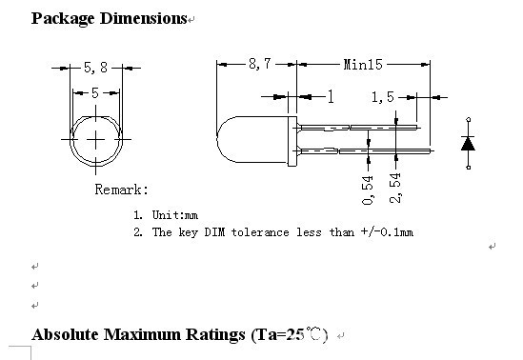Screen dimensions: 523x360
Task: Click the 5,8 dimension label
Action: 95,68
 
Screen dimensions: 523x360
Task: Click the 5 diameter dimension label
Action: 95,93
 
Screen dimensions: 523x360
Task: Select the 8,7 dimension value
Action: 260,64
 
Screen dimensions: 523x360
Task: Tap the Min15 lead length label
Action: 363,65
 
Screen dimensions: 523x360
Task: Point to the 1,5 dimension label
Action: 383,97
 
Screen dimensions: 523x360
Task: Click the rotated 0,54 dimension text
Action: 368,190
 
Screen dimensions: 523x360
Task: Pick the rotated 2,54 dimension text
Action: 395,189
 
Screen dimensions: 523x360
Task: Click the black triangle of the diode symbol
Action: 468,144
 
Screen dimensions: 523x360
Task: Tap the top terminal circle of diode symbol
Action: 469,119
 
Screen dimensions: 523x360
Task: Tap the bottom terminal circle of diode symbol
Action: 469,168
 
